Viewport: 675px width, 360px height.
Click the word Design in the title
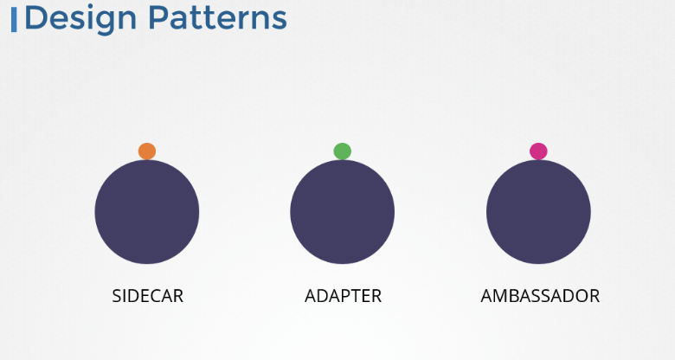[80, 19]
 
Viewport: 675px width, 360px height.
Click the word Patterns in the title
[217, 18]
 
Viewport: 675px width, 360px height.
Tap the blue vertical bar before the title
[14, 20]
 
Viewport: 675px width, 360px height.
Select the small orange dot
[147, 151]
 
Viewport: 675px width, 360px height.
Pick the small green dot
[342, 151]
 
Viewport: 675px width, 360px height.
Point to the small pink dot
[538, 151]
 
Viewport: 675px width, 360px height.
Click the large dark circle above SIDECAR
[147, 212]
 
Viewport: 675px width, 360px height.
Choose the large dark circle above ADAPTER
[342, 212]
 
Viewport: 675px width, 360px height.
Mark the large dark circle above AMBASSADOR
[538, 212]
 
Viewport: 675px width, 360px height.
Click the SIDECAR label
[148, 296]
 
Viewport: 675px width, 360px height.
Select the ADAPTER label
[343, 296]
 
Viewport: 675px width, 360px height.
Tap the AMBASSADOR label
[540, 296]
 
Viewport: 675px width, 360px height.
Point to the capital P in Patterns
[158, 18]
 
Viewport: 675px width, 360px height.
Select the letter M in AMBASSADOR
[502, 296]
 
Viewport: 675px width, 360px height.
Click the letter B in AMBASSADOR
[517, 296]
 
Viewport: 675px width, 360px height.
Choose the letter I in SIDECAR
[124, 296]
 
